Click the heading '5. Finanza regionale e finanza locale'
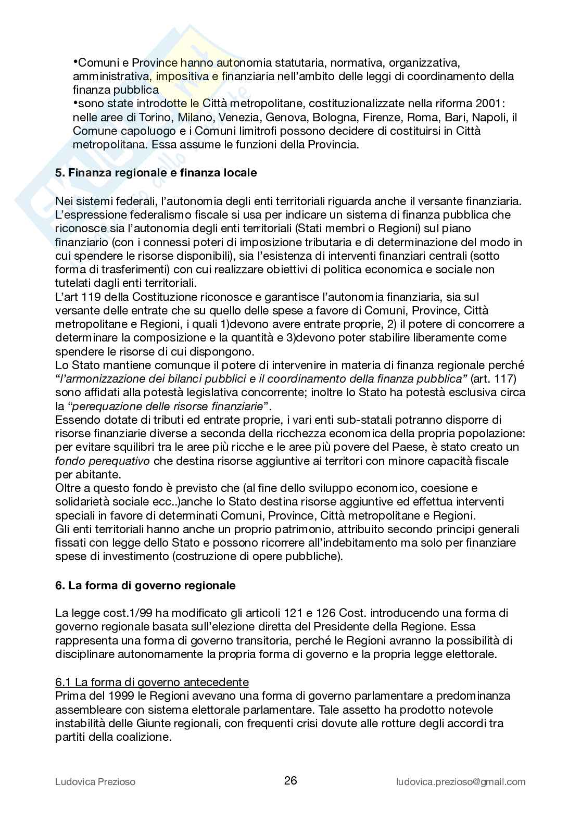(156, 172)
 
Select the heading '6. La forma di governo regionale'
(145, 585)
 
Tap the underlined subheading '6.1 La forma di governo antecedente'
(152, 682)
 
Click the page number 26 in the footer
(290, 780)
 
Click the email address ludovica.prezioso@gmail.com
(461, 781)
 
